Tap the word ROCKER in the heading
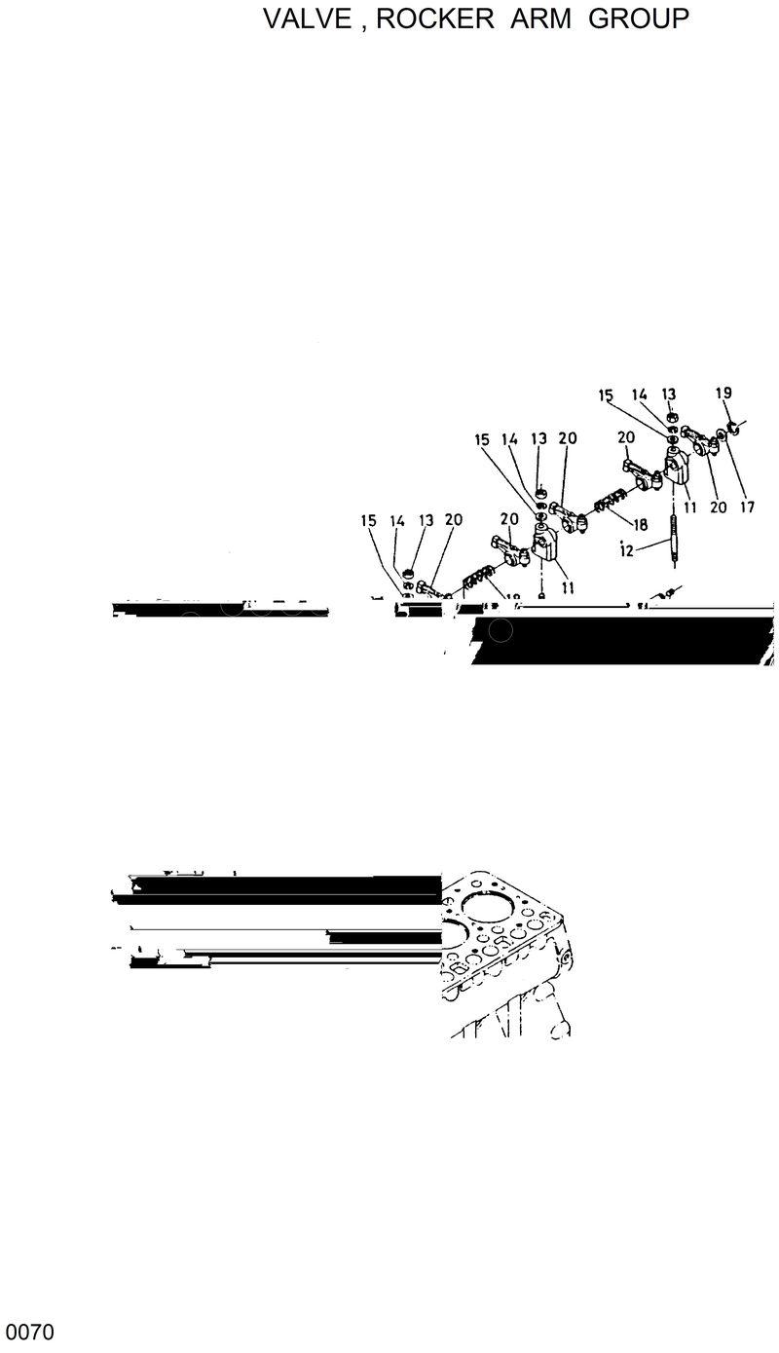point(435,19)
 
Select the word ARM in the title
point(544,19)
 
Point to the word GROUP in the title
point(639,19)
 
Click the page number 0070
point(29,1331)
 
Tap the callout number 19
point(723,394)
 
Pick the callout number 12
point(626,550)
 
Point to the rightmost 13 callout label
point(669,394)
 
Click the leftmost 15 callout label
point(368,521)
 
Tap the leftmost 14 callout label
point(397,521)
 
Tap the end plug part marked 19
point(735,427)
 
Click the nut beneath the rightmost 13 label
point(673,419)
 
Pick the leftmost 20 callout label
point(453,521)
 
